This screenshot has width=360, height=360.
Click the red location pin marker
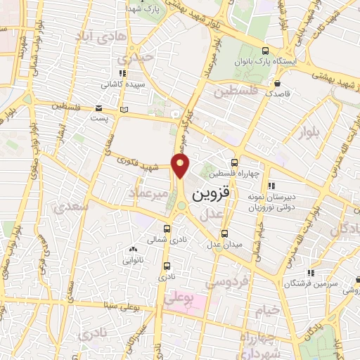181,167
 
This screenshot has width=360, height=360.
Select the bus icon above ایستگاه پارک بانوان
264,51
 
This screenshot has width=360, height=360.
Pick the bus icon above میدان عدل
224,233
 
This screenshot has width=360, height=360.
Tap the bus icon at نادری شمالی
167,229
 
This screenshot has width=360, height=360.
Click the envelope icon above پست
98,108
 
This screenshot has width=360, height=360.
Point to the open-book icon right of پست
124,110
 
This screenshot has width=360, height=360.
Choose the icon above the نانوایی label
133,249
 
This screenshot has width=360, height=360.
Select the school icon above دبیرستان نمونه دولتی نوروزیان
271,186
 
